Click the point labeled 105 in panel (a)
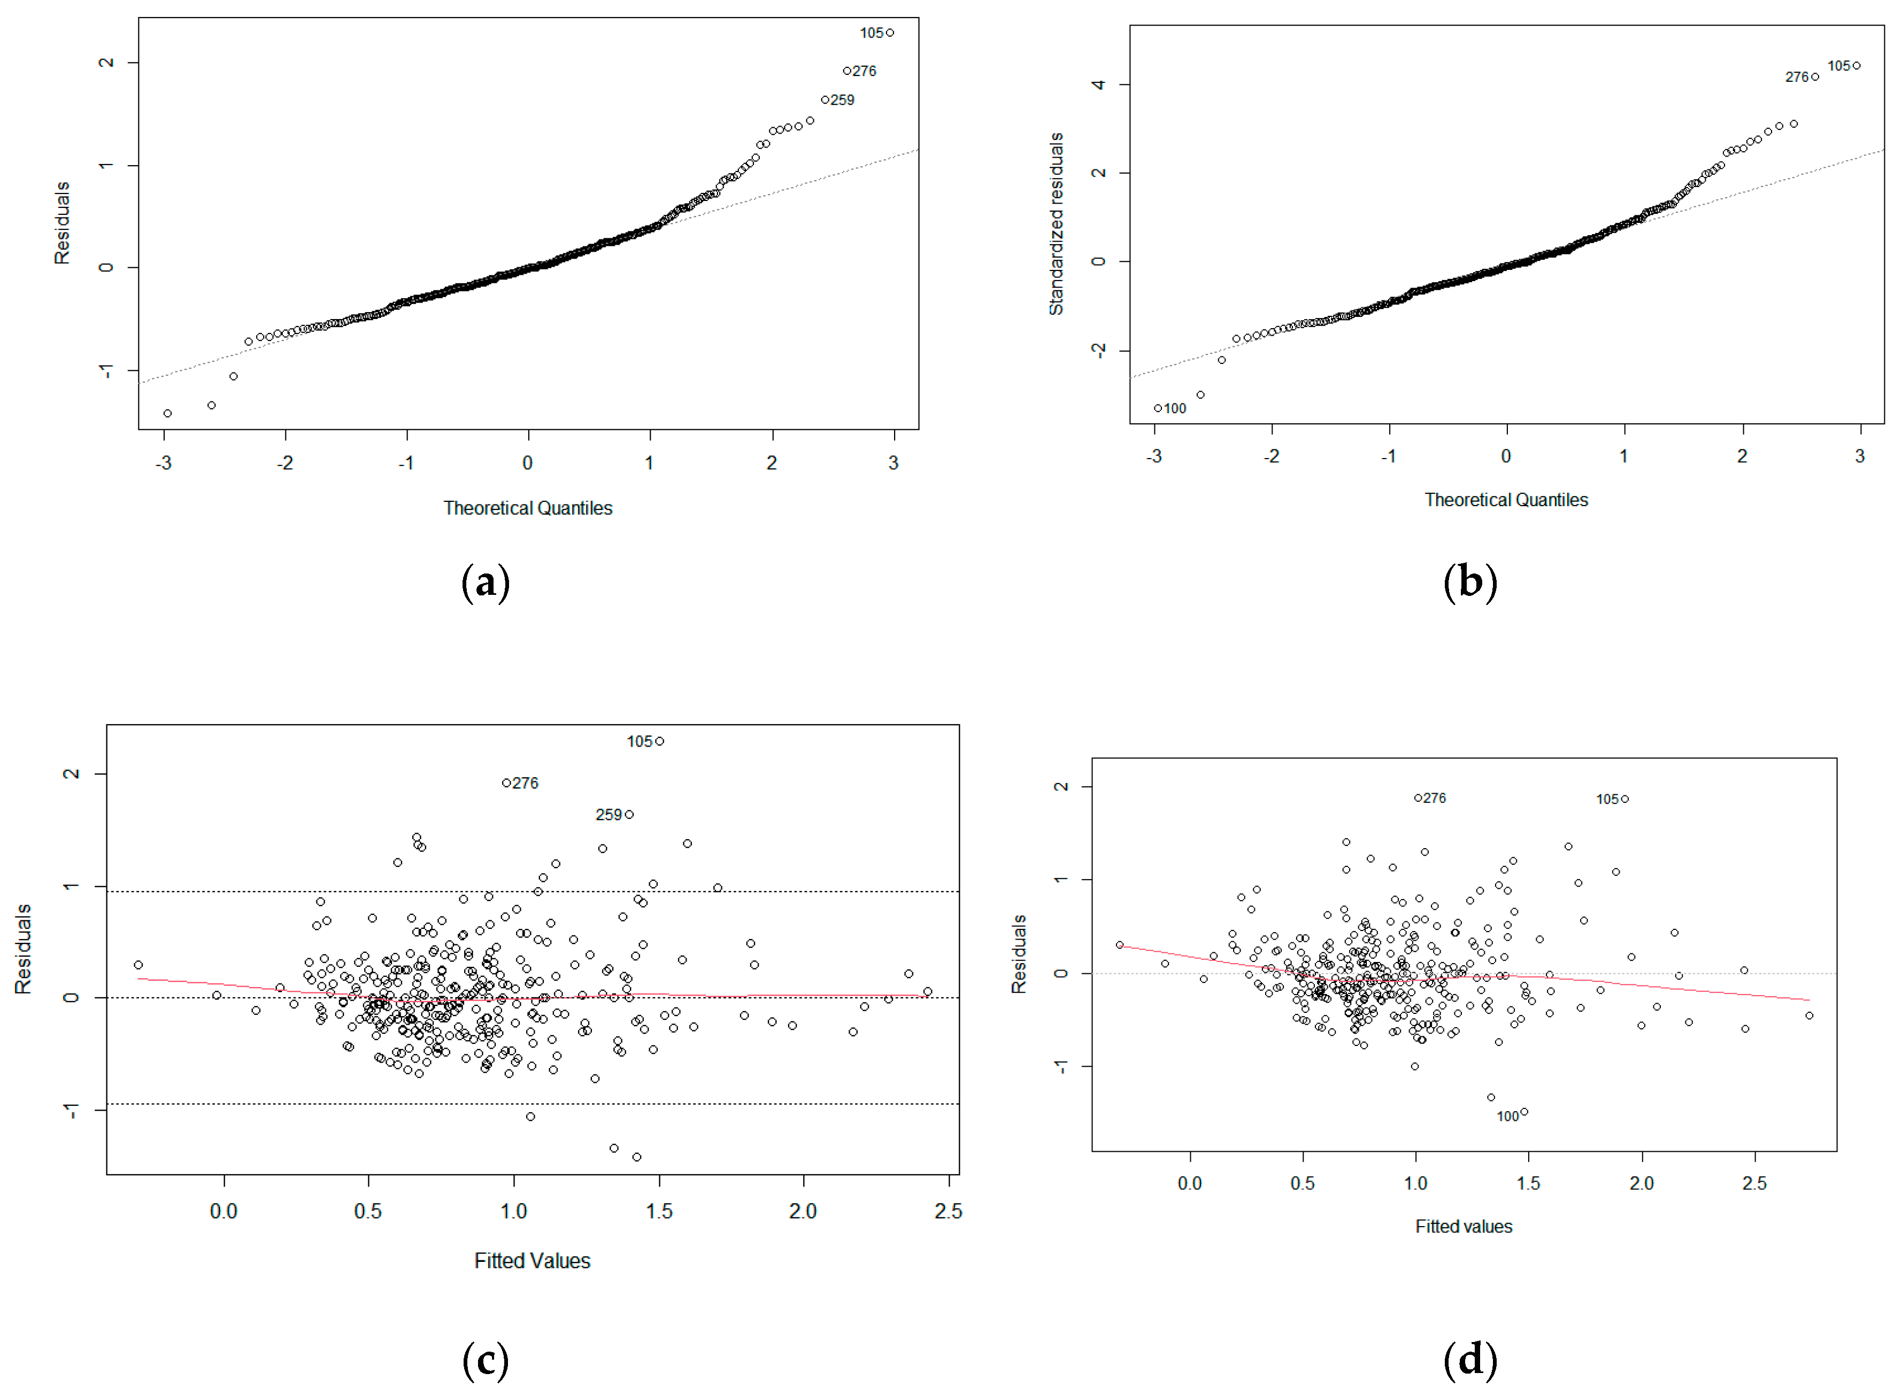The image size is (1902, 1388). [890, 33]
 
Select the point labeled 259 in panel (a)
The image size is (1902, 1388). [826, 100]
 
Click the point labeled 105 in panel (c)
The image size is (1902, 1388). [660, 742]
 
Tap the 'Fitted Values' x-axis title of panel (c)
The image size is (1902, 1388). [532, 1262]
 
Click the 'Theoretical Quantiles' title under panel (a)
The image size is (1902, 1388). [528, 508]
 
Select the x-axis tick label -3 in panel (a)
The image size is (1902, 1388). [164, 463]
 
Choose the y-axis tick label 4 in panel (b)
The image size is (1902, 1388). [1098, 85]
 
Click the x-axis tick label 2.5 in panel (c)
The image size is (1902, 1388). [948, 1212]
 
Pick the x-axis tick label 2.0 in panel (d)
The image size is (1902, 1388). [1642, 1184]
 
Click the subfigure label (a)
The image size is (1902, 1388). [486, 582]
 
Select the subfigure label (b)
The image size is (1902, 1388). [1470, 582]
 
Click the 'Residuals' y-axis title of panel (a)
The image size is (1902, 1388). [62, 223]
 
